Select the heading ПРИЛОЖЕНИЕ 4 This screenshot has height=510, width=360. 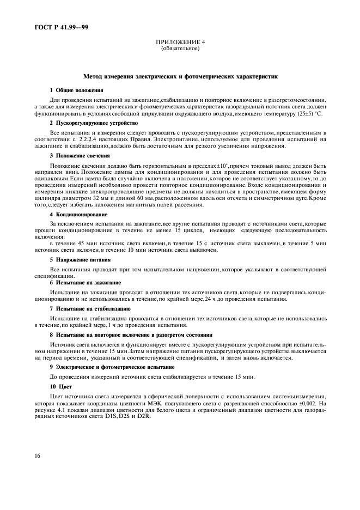180,42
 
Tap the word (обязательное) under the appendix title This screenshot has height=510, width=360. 180,48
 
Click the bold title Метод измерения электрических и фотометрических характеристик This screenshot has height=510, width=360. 180,77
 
